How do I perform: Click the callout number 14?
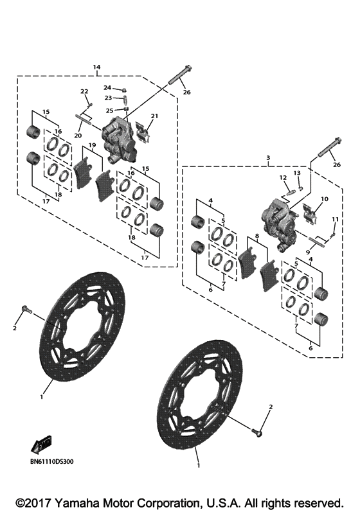pyautogui.click(x=96, y=67)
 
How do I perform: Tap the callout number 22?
pyautogui.click(x=84, y=91)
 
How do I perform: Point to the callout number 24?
pyautogui.click(x=107, y=87)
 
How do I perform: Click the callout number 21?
pyautogui.click(x=154, y=116)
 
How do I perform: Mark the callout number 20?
pyautogui.click(x=77, y=136)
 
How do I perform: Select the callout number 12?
pyautogui.click(x=282, y=177)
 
